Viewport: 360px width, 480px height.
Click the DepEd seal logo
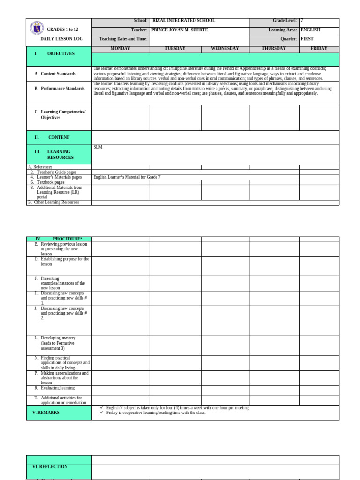(x=37, y=28)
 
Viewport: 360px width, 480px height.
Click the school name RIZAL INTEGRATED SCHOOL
(x=183, y=21)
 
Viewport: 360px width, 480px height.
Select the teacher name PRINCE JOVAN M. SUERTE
(x=179, y=30)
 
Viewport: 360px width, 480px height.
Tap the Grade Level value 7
(x=302, y=21)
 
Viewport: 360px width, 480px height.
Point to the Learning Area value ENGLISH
(x=310, y=30)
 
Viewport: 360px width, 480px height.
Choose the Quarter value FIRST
(x=307, y=39)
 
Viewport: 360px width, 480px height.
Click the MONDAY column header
(x=120, y=49)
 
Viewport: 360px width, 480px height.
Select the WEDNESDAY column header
(x=225, y=49)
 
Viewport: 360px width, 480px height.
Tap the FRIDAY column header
(x=319, y=49)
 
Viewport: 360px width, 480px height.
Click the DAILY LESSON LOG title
(x=61, y=39)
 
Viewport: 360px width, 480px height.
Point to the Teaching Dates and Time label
(x=123, y=39)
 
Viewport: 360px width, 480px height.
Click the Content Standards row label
(x=58, y=74)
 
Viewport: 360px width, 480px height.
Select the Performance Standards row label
(x=62, y=89)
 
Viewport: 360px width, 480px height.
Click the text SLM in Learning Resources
(x=97, y=147)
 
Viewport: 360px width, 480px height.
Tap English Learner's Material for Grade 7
(x=127, y=177)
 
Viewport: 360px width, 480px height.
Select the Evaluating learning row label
(x=57, y=388)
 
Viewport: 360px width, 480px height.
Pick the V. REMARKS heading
(x=46, y=412)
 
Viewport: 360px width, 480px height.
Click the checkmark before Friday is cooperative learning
(x=102, y=412)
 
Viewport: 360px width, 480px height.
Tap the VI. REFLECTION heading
(x=50, y=467)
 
